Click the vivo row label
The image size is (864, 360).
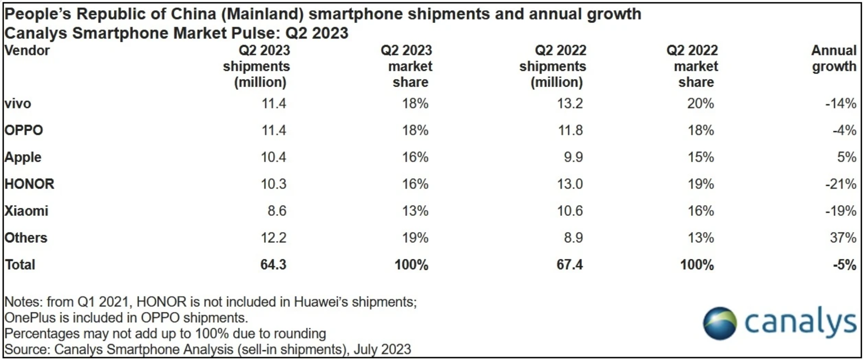[x=18, y=104]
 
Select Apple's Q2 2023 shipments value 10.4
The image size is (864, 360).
[x=273, y=157]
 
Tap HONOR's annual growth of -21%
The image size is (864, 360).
[x=841, y=184]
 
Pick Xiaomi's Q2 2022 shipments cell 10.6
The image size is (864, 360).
[x=570, y=211]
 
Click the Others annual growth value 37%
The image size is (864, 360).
[x=843, y=237]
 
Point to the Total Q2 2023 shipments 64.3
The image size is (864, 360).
[x=273, y=264]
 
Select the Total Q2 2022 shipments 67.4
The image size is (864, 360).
[x=569, y=264]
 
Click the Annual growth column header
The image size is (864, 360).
[x=834, y=58]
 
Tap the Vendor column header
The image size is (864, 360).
[x=27, y=50]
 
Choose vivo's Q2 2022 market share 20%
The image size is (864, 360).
[x=700, y=104]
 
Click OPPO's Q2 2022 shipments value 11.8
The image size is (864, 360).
[x=570, y=131]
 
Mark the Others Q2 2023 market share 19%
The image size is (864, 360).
[x=415, y=237]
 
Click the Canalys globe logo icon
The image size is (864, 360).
[x=719, y=323]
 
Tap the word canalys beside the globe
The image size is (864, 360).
[x=800, y=322]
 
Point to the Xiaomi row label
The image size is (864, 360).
[x=26, y=211]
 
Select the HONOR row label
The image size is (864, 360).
[x=29, y=184]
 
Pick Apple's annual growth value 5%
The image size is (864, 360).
[x=846, y=157]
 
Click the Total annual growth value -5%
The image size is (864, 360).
[x=844, y=264]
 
